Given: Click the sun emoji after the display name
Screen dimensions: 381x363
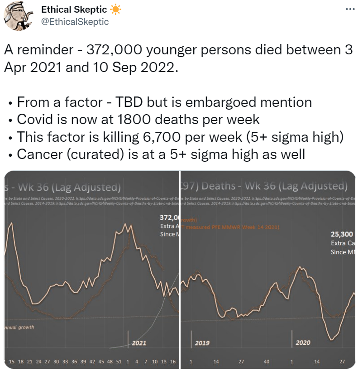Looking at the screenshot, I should tap(115, 10).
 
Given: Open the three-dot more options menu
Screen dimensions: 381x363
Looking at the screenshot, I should tap(350, 10).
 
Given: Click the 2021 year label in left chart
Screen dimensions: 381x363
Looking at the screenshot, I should tap(139, 343).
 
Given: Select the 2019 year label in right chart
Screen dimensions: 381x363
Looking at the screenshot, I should tap(202, 343).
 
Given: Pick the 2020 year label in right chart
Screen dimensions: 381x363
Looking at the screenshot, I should tap(303, 343).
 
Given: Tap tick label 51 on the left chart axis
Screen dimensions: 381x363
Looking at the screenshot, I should tap(118, 362).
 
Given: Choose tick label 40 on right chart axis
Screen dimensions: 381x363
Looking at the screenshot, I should tap(266, 362).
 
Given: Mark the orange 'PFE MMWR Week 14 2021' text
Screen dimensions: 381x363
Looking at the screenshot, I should tap(244, 226).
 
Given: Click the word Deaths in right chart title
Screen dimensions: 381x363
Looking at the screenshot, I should tap(219, 186).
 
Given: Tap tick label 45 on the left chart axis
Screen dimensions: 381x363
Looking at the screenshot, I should tap(100, 362).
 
